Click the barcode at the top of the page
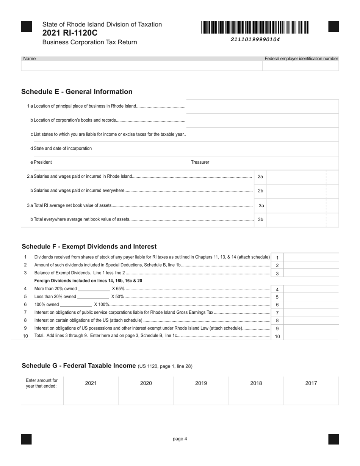coord(255,28)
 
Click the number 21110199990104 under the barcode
coord(255,39)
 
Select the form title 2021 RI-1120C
coord(70,33)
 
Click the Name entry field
coord(142,66)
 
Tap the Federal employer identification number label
coord(301,58)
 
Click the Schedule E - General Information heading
coord(77,92)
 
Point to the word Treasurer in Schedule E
coord(200,162)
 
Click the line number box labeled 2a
coord(260,177)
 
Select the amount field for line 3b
coord(296,220)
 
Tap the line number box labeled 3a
coord(261,206)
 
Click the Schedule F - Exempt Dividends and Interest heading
coord(89,247)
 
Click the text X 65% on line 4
coord(118,289)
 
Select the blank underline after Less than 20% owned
coord(93,297)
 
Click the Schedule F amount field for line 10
coord(311,336)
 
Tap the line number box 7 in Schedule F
coord(277,313)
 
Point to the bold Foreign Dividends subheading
coord(88,281)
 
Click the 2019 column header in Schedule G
coord(201,383)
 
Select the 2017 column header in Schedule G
coord(311,383)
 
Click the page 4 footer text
coord(180,439)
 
